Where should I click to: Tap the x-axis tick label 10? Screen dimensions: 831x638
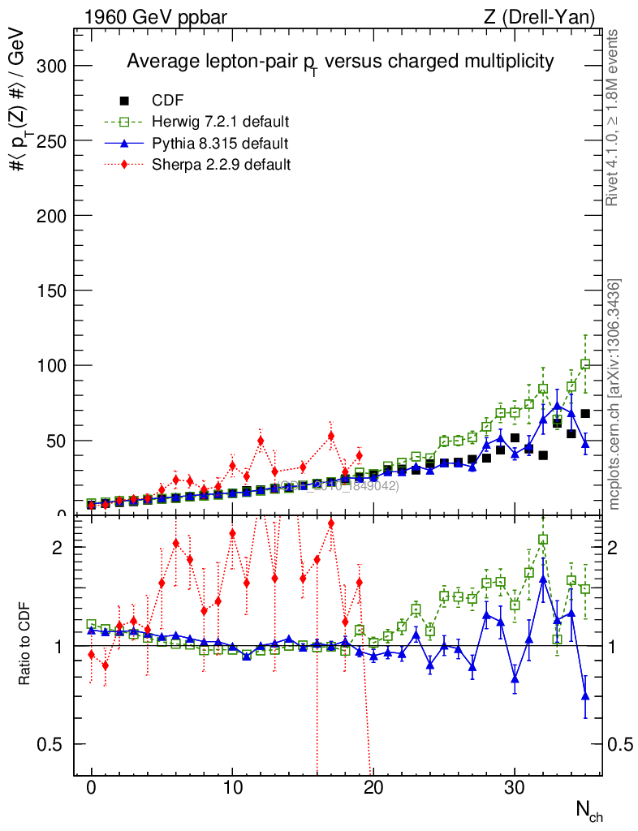click(232, 788)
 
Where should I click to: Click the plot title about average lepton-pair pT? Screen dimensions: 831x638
click(339, 62)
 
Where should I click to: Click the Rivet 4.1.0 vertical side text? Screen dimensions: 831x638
click(614, 117)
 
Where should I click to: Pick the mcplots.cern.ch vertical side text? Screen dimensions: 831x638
click(614, 394)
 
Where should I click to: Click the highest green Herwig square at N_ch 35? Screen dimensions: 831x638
click(585, 364)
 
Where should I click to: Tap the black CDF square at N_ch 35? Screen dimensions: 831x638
click(585, 413)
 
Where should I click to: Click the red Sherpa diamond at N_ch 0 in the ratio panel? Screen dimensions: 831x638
click(92, 654)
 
